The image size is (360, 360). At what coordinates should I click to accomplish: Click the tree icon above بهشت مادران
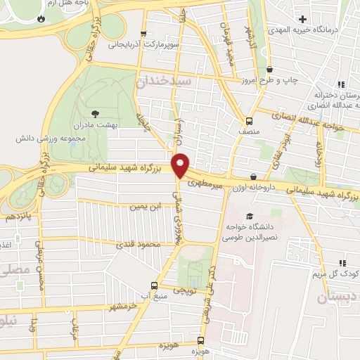(96, 112)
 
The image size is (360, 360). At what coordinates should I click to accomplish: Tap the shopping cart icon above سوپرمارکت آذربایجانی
(143, 33)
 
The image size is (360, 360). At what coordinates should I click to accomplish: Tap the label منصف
(248, 131)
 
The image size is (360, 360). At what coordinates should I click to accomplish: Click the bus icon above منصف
(248, 120)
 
